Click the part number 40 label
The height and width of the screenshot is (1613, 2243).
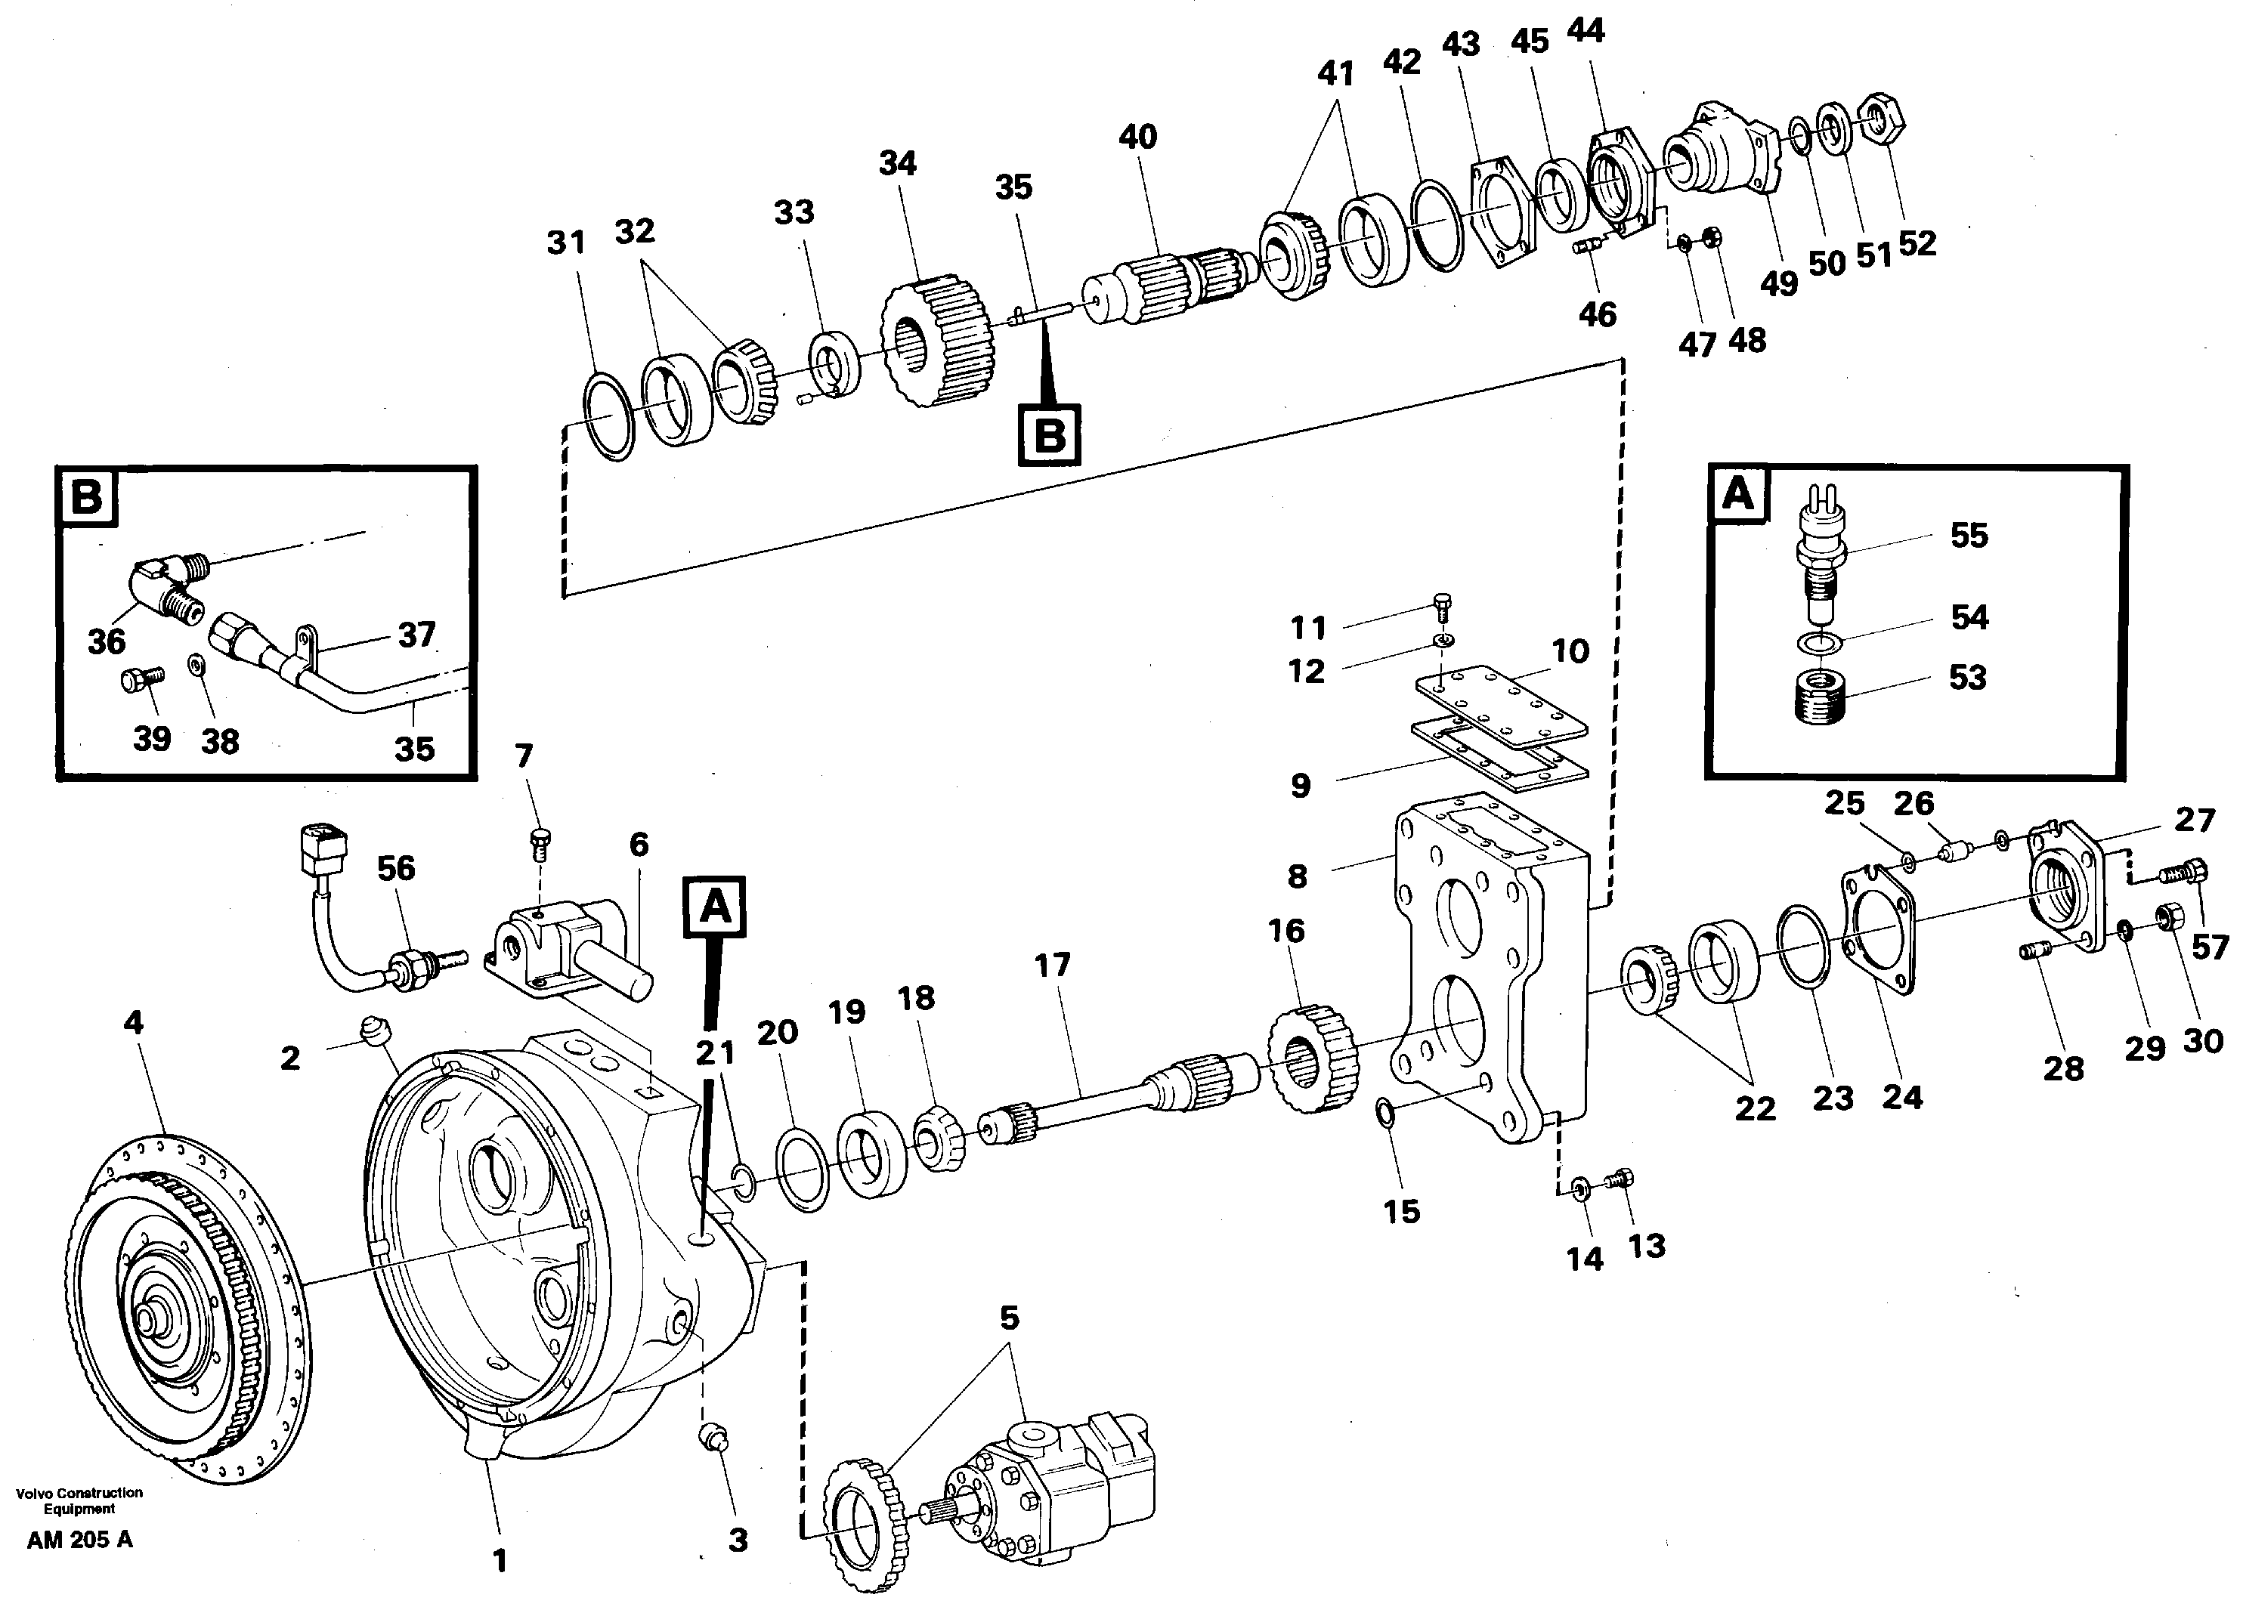coord(1137,137)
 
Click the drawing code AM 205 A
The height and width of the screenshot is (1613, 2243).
coord(79,1540)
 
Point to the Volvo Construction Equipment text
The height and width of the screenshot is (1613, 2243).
coord(79,1500)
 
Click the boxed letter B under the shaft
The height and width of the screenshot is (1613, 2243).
coord(1049,435)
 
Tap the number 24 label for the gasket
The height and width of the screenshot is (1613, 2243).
coord(1901,1098)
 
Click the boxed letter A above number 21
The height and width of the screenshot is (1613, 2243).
coord(715,907)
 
